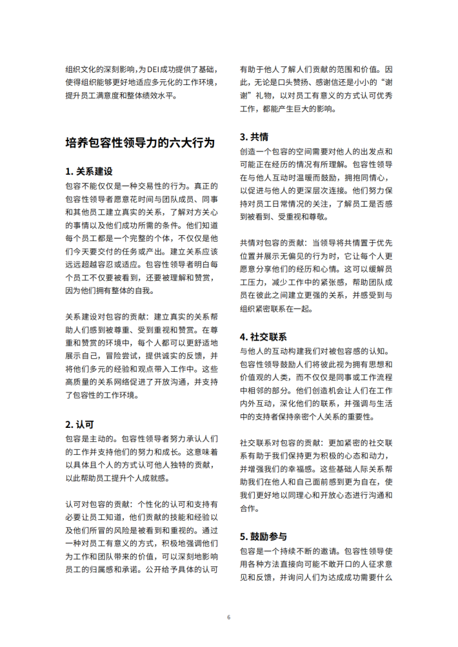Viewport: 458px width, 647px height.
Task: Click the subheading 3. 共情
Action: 254,137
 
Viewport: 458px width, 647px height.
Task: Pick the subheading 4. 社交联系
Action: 263,336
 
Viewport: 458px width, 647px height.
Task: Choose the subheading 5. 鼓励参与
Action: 263,536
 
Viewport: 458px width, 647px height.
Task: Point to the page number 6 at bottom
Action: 228,617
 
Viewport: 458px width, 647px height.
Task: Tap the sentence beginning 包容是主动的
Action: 91,438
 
